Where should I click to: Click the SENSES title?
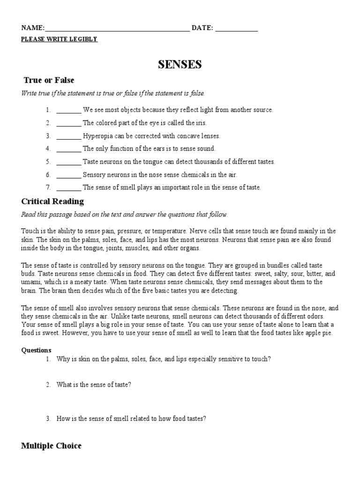click(x=180, y=65)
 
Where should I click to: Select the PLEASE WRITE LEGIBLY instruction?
click(x=59, y=39)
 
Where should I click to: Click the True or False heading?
click(x=49, y=80)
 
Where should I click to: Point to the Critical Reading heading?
click(x=52, y=202)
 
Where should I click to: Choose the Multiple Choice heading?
click(x=51, y=446)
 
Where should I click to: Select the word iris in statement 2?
click(x=200, y=123)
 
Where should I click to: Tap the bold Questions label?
click(x=37, y=350)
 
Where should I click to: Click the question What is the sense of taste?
click(x=94, y=385)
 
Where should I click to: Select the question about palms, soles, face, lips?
click(x=164, y=359)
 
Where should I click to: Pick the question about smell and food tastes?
click(x=131, y=419)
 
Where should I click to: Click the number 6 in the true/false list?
click(x=48, y=175)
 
